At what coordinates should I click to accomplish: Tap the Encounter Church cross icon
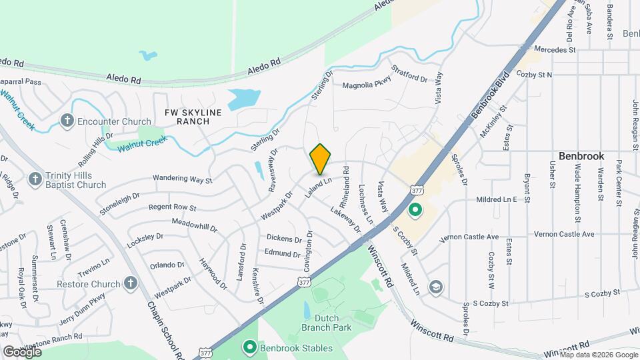pos(67,121)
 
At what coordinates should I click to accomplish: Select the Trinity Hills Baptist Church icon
pos(35,179)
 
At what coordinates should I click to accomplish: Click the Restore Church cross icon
pos(131,283)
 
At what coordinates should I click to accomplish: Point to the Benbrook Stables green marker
pos(250,347)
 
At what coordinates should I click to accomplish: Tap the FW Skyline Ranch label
pos(193,118)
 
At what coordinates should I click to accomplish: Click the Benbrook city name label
pos(581,155)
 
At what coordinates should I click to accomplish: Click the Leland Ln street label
pos(319,185)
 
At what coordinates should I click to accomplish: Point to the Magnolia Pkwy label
pos(366,85)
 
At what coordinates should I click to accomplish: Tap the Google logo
pos(22,351)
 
